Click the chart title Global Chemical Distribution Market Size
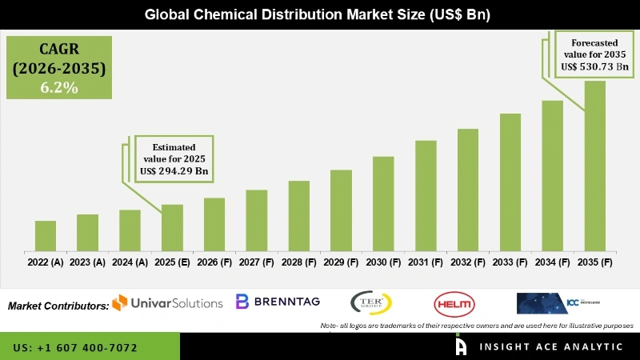(x=319, y=14)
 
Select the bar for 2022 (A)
(x=46, y=236)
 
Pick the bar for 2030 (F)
(x=383, y=204)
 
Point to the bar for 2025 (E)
(x=172, y=228)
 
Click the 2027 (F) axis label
(x=256, y=262)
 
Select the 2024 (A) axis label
(x=130, y=262)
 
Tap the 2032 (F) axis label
(x=468, y=262)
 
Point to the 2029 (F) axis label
(x=341, y=262)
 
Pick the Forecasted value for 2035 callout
(x=594, y=55)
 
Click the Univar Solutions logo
(x=167, y=302)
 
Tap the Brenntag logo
(x=277, y=302)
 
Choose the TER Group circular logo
(x=371, y=303)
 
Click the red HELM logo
(x=454, y=303)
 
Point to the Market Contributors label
(x=58, y=306)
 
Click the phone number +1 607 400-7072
(x=75, y=348)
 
